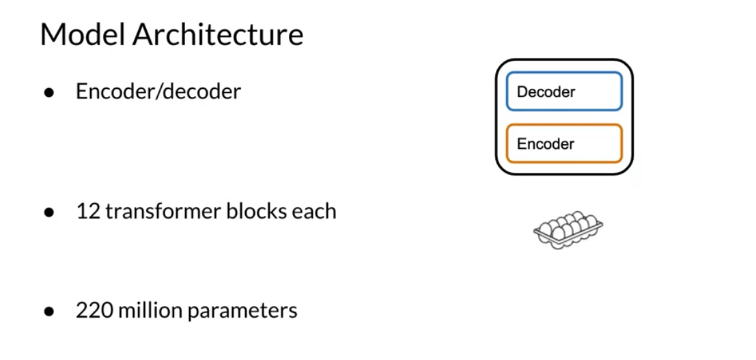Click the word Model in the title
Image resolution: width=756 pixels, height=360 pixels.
pyautogui.click(x=83, y=34)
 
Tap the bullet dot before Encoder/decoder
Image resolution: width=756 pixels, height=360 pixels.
pyautogui.click(x=48, y=92)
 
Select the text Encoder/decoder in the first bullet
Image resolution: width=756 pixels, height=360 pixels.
pyautogui.click(x=158, y=92)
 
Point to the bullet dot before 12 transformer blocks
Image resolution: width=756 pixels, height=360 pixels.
pyautogui.click(x=48, y=212)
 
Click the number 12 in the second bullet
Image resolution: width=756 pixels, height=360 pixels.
pyautogui.click(x=87, y=211)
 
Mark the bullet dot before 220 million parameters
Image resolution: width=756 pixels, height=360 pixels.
pyautogui.click(x=48, y=311)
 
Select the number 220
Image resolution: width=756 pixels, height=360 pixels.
pyautogui.click(x=94, y=310)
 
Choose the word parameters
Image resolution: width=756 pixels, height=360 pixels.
pyautogui.click(x=242, y=311)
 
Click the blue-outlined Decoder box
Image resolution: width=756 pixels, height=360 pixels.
pyautogui.click(x=564, y=92)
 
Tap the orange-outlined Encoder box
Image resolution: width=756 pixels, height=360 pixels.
pyautogui.click(x=564, y=143)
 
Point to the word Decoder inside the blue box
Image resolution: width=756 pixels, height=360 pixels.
pyautogui.click(x=546, y=92)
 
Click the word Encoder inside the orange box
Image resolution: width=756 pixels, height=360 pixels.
pyautogui.click(x=545, y=144)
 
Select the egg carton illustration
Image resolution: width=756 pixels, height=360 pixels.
pyautogui.click(x=568, y=230)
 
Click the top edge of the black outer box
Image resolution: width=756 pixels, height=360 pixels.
pyautogui.click(x=564, y=60)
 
